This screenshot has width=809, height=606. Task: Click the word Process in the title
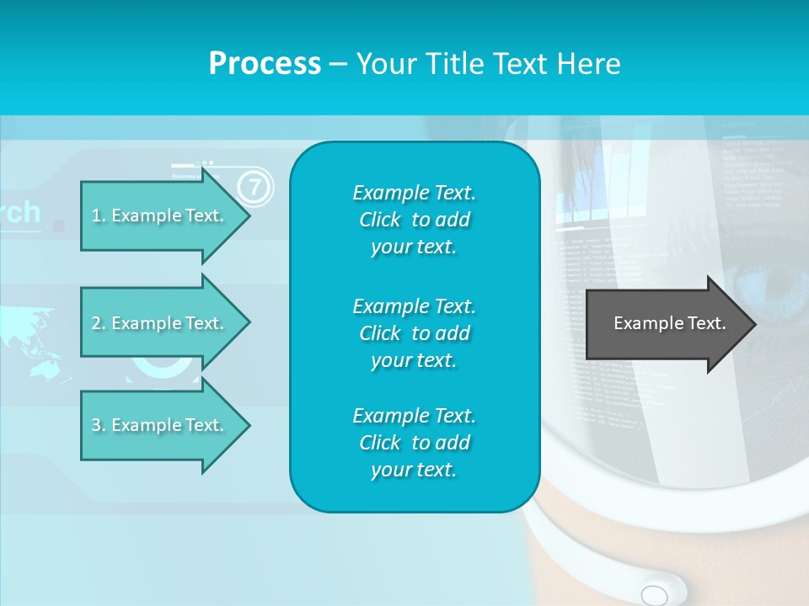[265, 64]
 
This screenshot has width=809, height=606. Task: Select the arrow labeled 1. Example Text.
[160, 215]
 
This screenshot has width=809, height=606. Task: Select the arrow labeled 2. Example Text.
[160, 323]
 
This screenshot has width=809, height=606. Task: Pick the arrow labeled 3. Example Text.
[160, 425]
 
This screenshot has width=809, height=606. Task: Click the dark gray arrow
[666, 323]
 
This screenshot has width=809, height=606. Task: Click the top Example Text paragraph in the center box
[414, 220]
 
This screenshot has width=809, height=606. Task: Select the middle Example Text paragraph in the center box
[414, 333]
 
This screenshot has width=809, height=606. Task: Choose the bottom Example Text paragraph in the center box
[414, 443]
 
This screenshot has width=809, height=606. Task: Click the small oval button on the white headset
[654, 595]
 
